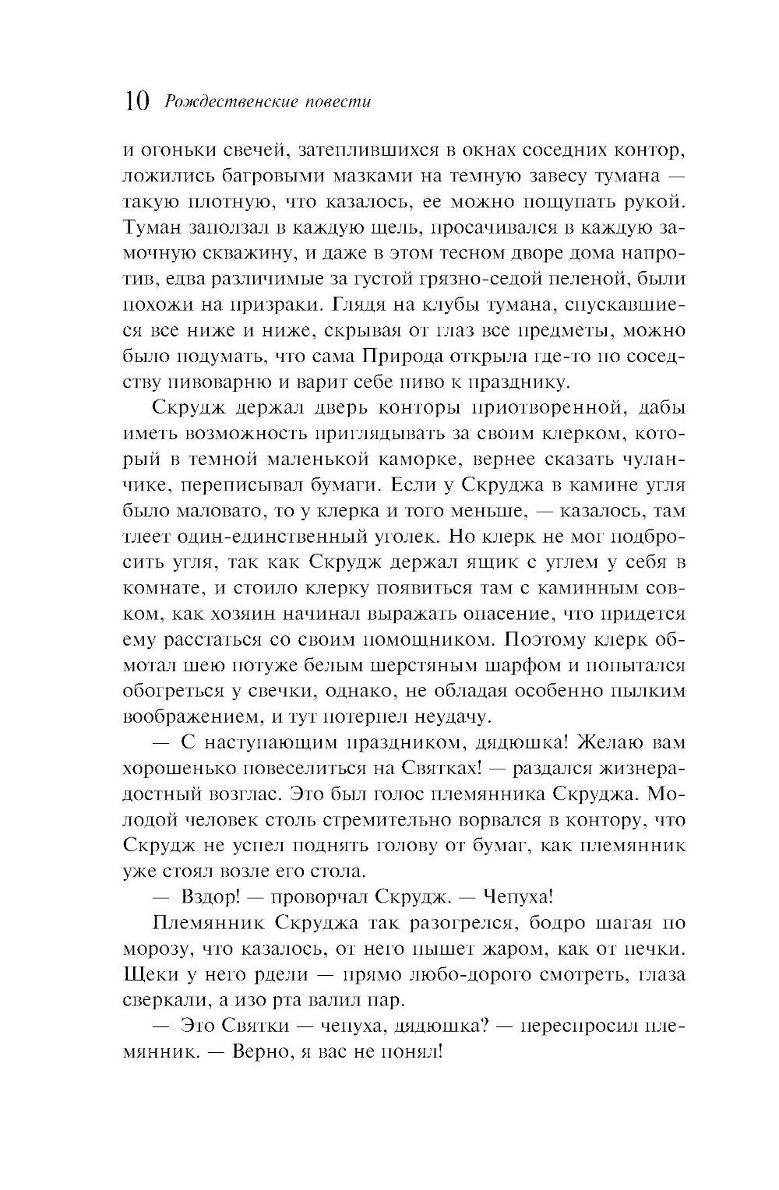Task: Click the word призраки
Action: [x=273, y=305]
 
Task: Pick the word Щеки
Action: [x=147, y=973]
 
